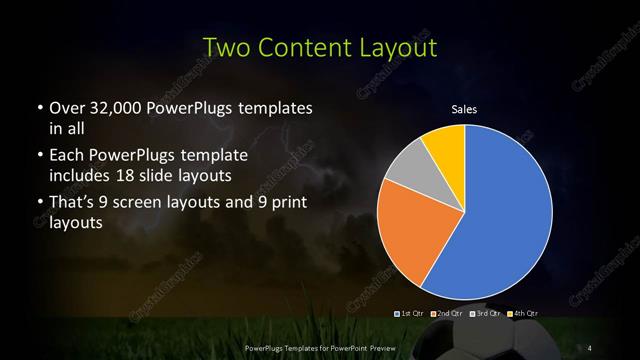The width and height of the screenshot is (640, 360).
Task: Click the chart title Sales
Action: coord(465,109)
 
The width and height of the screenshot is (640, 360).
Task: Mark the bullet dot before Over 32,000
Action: coord(38,108)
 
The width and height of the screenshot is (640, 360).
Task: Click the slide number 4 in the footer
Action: coord(591,347)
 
